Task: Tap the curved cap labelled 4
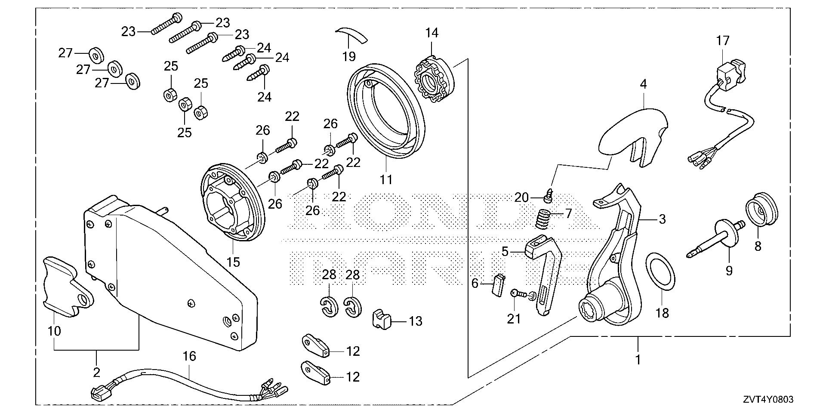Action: (632, 133)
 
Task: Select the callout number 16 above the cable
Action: (189, 357)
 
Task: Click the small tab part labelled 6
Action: (498, 285)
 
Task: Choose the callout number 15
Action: (233, 262)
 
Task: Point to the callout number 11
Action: (386, 179)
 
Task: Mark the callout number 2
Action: (96, 372)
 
